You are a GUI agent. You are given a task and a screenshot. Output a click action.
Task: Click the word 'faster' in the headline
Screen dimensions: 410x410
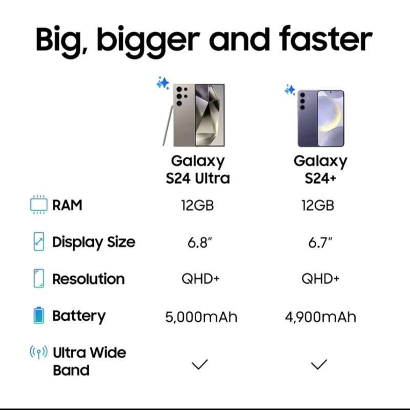point(326,40)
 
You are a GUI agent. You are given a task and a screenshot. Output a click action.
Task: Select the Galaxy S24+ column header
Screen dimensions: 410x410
point(320,170)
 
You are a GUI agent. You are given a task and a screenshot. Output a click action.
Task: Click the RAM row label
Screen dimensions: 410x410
point(67,206)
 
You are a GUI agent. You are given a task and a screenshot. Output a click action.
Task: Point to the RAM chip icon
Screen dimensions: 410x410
point(38,205)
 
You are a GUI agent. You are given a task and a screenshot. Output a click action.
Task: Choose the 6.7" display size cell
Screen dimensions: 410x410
point(320,242)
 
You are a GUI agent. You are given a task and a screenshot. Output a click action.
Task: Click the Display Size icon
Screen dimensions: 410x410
point(39,242)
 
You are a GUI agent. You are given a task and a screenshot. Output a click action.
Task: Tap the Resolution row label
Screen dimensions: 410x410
point(88,279)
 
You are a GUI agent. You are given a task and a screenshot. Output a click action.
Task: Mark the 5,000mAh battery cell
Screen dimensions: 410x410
point(201,317)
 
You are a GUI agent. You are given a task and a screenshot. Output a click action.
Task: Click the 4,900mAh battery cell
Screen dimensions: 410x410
point(320,317)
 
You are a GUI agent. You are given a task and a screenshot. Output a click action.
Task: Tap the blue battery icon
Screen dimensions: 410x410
point(39,316)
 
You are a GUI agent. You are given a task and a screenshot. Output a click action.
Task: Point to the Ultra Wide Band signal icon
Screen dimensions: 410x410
point(39,353)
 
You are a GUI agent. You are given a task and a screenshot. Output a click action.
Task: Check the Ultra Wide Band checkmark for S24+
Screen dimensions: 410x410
point(319,364)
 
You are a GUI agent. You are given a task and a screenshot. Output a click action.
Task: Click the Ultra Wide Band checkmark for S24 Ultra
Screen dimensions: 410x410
point(199,364)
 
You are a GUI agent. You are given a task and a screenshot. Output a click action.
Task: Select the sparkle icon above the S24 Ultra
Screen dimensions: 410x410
point(163,83)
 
